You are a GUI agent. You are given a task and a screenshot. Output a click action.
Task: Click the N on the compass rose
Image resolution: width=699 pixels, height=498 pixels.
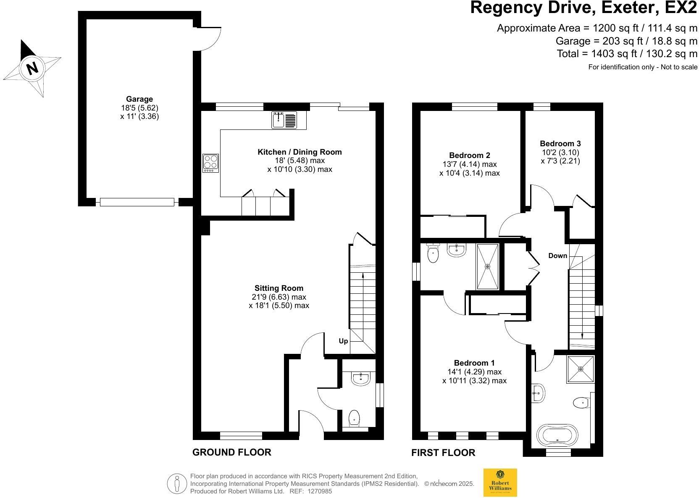(x=32, y=68)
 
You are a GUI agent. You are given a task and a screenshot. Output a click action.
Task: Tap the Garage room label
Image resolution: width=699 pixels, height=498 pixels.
(x=139, y=99)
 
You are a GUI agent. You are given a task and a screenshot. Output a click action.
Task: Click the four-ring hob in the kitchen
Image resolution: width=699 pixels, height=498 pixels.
(x=210, y=163)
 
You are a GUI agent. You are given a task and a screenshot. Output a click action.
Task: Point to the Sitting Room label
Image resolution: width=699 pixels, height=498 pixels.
(x=279, y=288)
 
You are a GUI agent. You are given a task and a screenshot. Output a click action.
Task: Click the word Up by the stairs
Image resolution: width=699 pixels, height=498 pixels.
(x=343, y=341)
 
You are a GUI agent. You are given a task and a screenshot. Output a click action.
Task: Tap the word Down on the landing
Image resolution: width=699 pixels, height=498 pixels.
(x=557, y=256)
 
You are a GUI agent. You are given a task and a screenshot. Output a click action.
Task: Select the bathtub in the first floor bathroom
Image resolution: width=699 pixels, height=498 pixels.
(x=557, y=435)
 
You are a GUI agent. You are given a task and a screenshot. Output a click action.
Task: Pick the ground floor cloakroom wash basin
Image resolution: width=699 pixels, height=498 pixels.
(x=361, y=378)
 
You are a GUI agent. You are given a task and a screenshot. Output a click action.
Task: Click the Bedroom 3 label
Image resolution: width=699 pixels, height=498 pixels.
(x=560, y=144)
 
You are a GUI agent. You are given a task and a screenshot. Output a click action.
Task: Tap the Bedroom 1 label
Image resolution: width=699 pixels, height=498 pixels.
(x=474, y=363)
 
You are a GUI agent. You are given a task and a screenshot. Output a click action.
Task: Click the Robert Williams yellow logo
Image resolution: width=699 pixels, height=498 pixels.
(x=500, y=482)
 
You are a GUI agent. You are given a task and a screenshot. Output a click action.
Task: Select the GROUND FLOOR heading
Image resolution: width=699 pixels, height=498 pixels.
(x=232, y=452)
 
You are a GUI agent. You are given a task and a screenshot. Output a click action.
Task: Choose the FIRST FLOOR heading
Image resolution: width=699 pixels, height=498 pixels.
(x=443, y=453)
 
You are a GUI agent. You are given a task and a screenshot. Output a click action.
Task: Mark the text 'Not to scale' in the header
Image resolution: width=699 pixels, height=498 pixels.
(x=679, y=67)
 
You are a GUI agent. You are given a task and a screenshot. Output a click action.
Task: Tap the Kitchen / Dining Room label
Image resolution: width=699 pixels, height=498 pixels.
(x=300, y=152)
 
